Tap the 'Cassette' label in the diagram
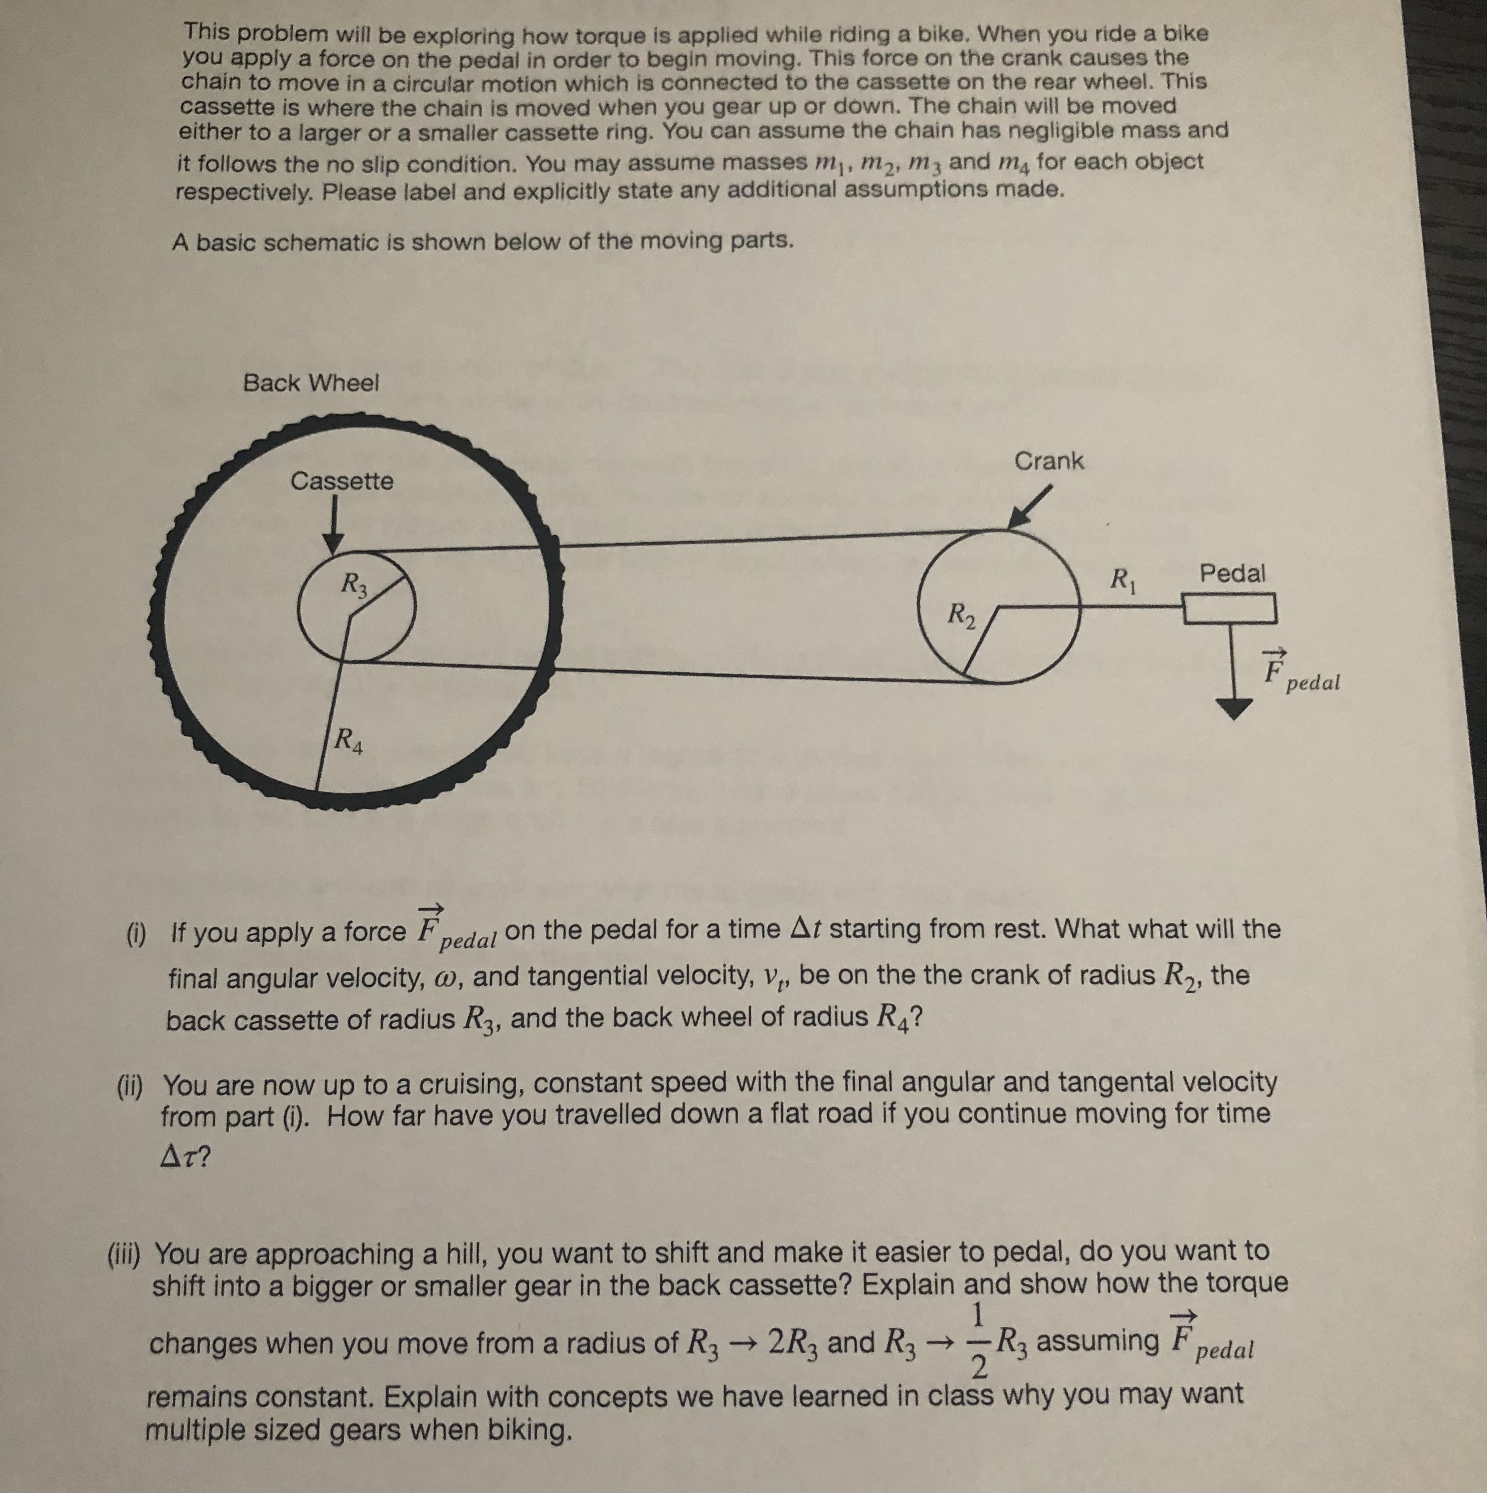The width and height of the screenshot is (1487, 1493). pyautogui.click(x=341, y=482)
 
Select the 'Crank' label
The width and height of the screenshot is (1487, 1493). pyautogui.click(x=1049, y=461)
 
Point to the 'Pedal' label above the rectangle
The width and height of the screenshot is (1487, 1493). pyautogui.click(x=1232, y=574)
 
